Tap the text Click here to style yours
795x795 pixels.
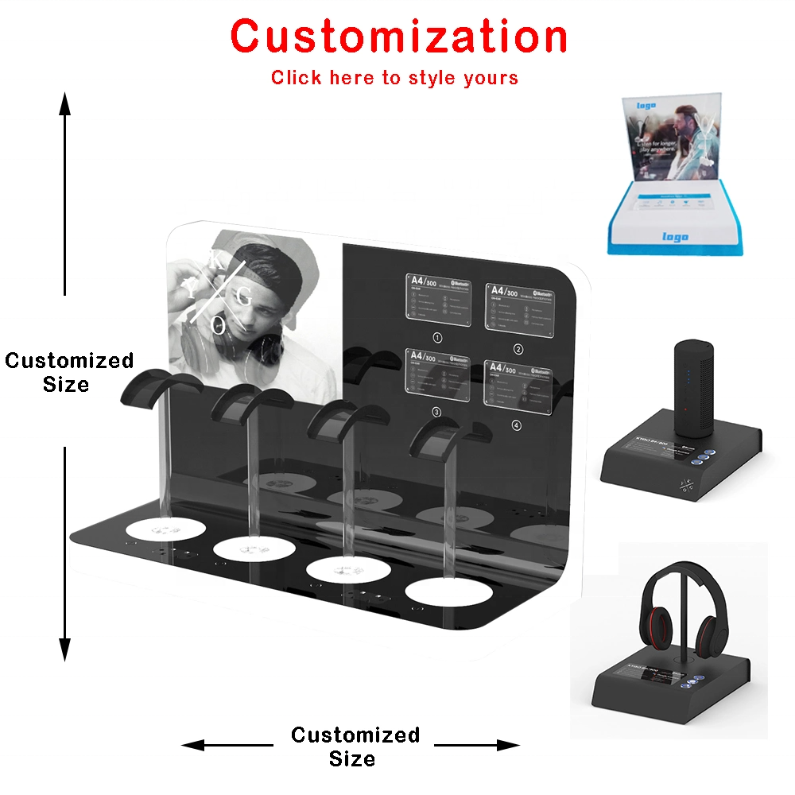tap(394, 78)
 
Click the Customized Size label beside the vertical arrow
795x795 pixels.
tap(68, 372)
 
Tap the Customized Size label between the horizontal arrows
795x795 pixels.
tap(355, 746)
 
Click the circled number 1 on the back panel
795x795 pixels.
tap(436, 337)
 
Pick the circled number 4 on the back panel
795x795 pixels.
tap(517, 426)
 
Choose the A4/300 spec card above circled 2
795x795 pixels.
tap(518, 306)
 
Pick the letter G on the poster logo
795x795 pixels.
tap(244, 298)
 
